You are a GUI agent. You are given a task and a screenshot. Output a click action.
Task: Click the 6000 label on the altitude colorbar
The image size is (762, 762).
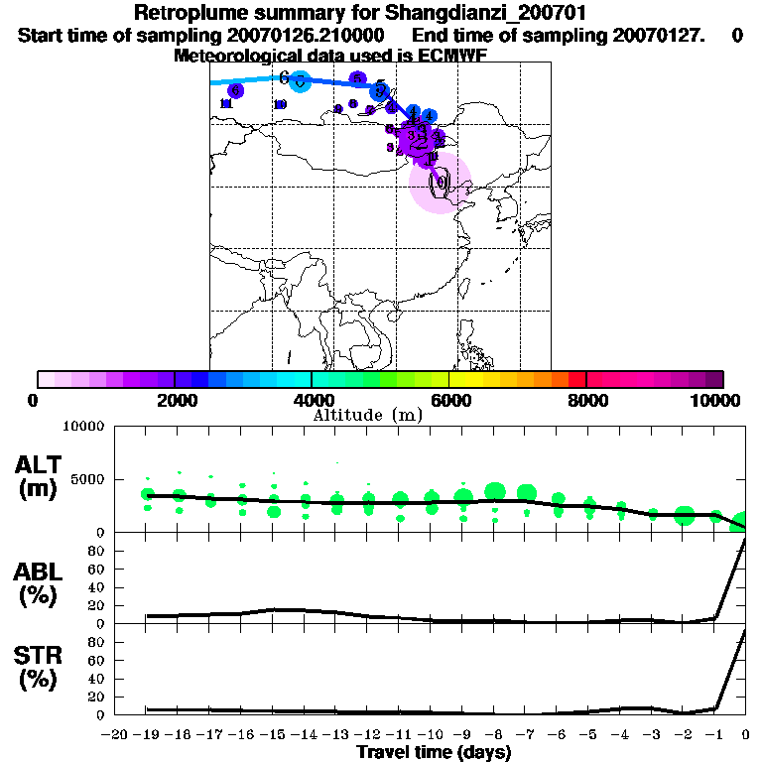click(x=448, y=400)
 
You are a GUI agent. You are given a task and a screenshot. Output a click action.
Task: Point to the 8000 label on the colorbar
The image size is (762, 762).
click(x=586, y=400)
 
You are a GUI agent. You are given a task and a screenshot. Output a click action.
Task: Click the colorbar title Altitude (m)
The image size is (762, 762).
click(x=367, y=415)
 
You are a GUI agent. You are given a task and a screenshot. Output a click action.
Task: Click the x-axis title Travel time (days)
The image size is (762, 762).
click(x=434, y=753)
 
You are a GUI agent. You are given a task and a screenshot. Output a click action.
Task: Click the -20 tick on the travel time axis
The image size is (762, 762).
click(x=116, y=735)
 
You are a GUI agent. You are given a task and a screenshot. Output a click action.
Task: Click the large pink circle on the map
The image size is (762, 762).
click(x=440, y=183)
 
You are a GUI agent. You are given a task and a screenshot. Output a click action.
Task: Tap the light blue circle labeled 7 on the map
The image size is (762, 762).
click(x=300, y=82)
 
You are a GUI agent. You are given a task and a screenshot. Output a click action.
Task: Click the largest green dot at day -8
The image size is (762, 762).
click(x=495, y=490)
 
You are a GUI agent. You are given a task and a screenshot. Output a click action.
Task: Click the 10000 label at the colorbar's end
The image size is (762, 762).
click(x=720, y=400)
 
